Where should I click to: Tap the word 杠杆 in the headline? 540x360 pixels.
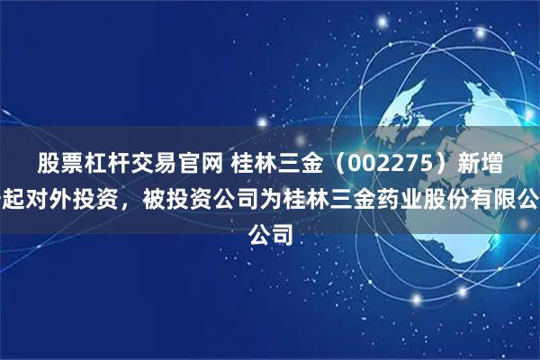click(96, 163)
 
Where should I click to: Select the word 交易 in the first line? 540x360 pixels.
click(138, 163)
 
